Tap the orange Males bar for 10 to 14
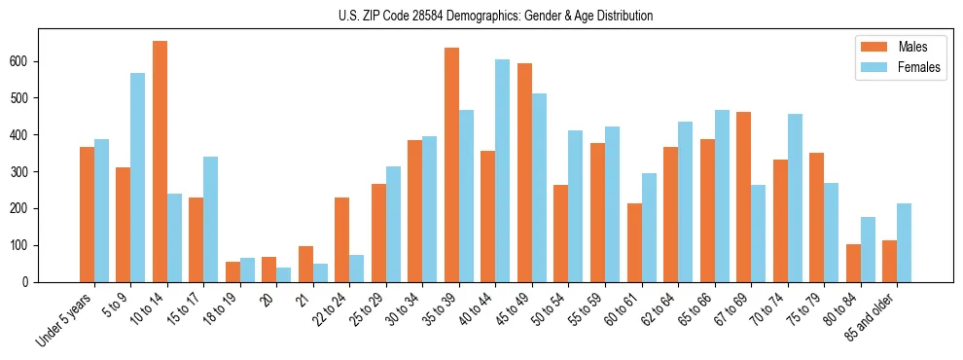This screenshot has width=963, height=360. coord(160,162)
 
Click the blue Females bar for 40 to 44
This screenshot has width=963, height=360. coord(503,170)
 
